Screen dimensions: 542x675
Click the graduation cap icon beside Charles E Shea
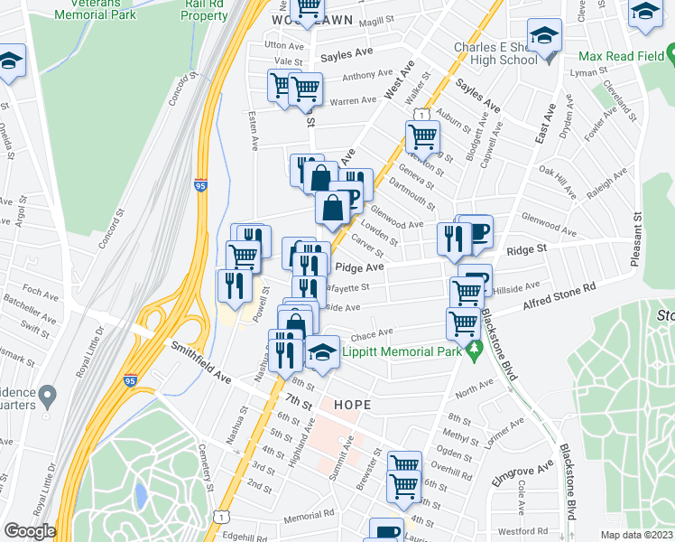544,37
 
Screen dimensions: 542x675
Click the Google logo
29,530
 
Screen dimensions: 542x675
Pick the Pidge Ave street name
359,267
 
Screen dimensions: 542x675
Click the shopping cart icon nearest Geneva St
422,137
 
